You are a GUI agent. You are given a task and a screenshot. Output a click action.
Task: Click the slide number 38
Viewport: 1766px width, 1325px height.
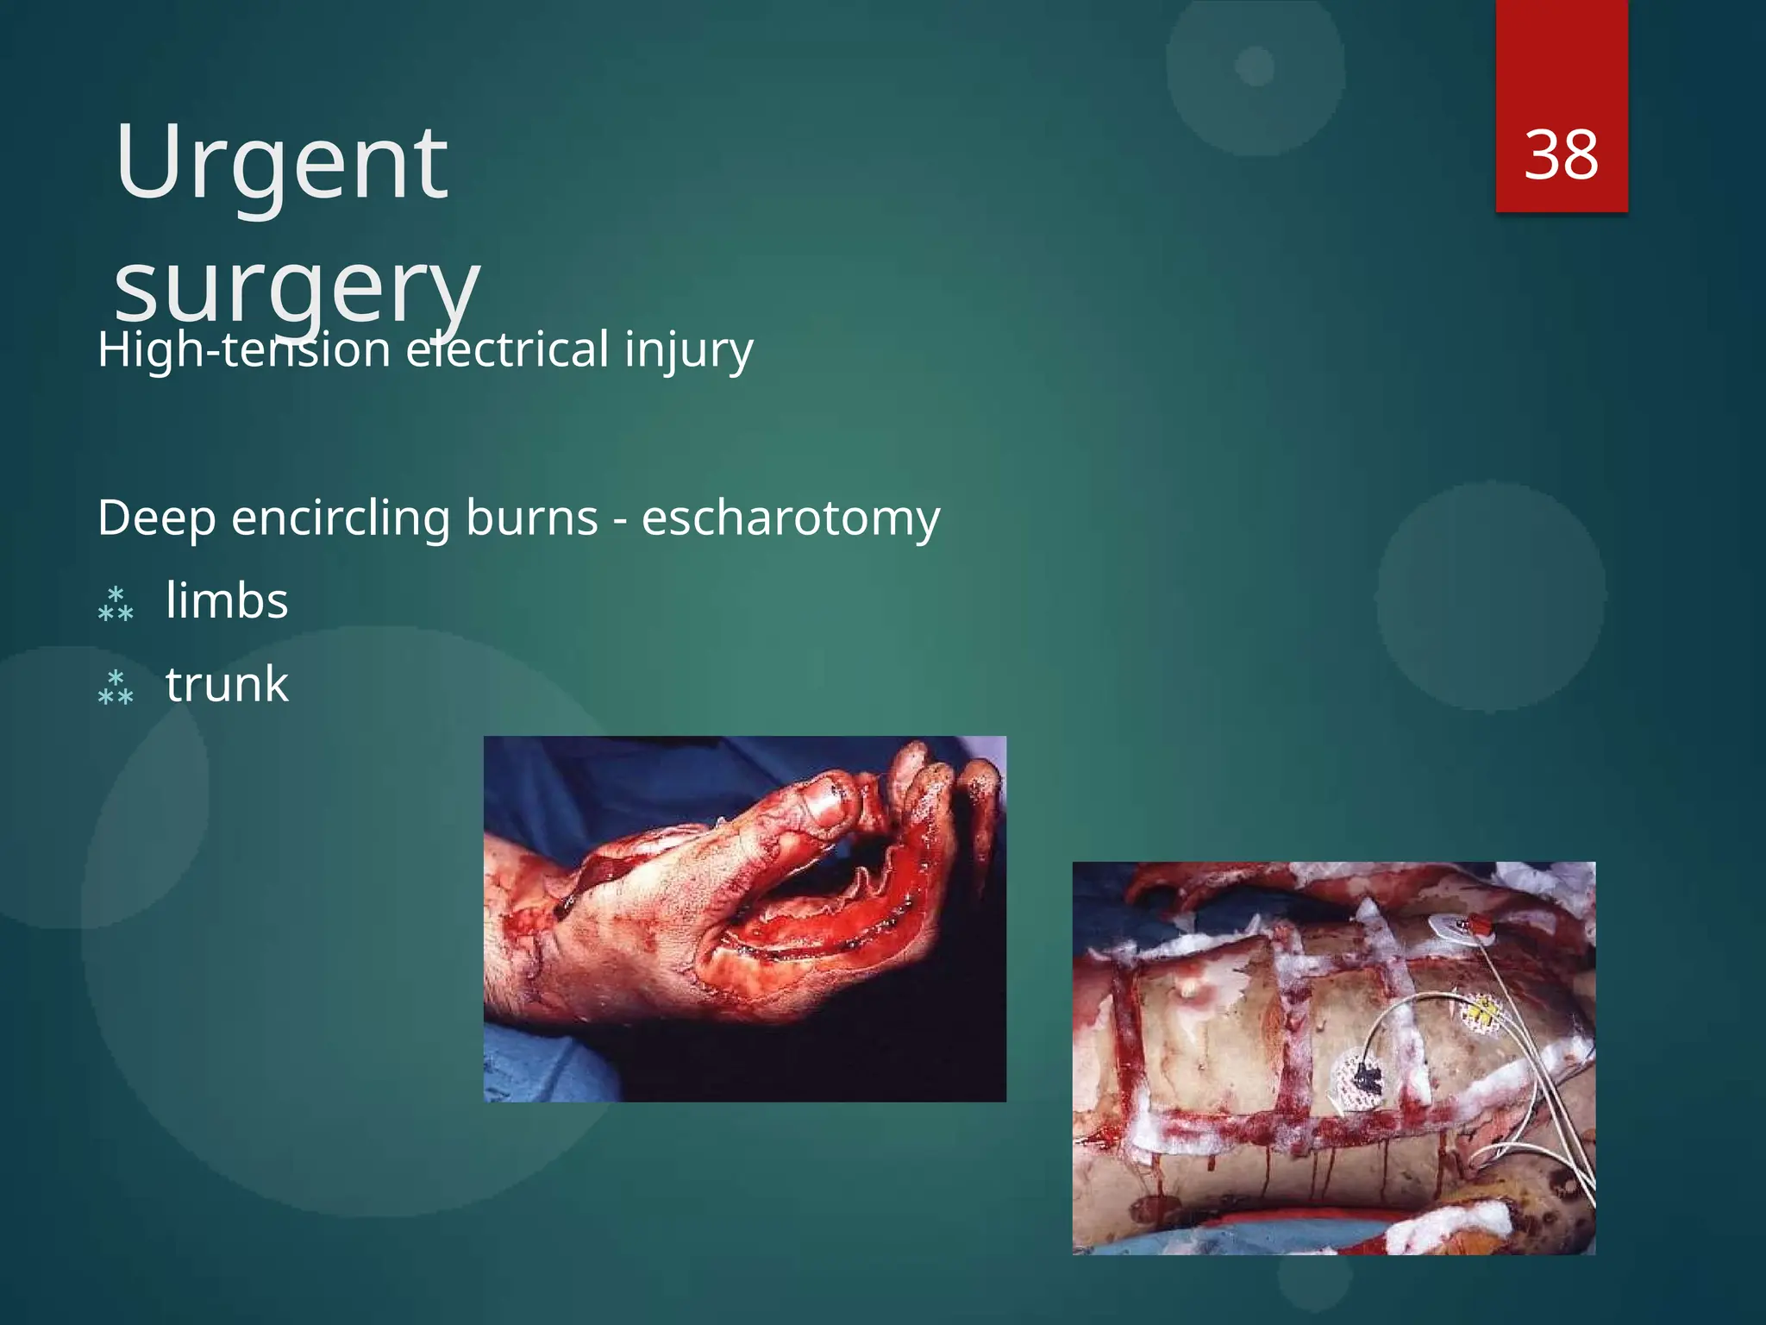(1561, 155)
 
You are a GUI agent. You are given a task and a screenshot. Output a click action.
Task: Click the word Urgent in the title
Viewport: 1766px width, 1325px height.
(281, 162)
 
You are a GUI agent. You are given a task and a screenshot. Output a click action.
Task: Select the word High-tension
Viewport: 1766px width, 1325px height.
(244, 349)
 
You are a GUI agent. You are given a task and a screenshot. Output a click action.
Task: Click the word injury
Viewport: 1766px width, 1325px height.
(688, 349)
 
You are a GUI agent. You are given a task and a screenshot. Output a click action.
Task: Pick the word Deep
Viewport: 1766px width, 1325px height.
(156, 518)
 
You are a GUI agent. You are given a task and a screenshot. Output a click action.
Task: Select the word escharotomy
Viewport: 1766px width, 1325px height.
(790, 518)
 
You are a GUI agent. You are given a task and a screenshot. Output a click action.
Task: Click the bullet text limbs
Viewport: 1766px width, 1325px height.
(227, 600)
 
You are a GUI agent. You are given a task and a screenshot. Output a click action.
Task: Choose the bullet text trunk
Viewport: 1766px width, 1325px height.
(227, 684)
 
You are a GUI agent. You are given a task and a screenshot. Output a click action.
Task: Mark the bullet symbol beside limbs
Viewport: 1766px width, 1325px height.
(116, 604)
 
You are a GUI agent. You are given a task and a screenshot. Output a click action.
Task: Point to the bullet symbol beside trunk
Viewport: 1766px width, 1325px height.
(116, 688)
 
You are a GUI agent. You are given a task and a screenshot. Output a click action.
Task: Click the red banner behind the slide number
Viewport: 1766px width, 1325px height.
(1561, 52)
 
